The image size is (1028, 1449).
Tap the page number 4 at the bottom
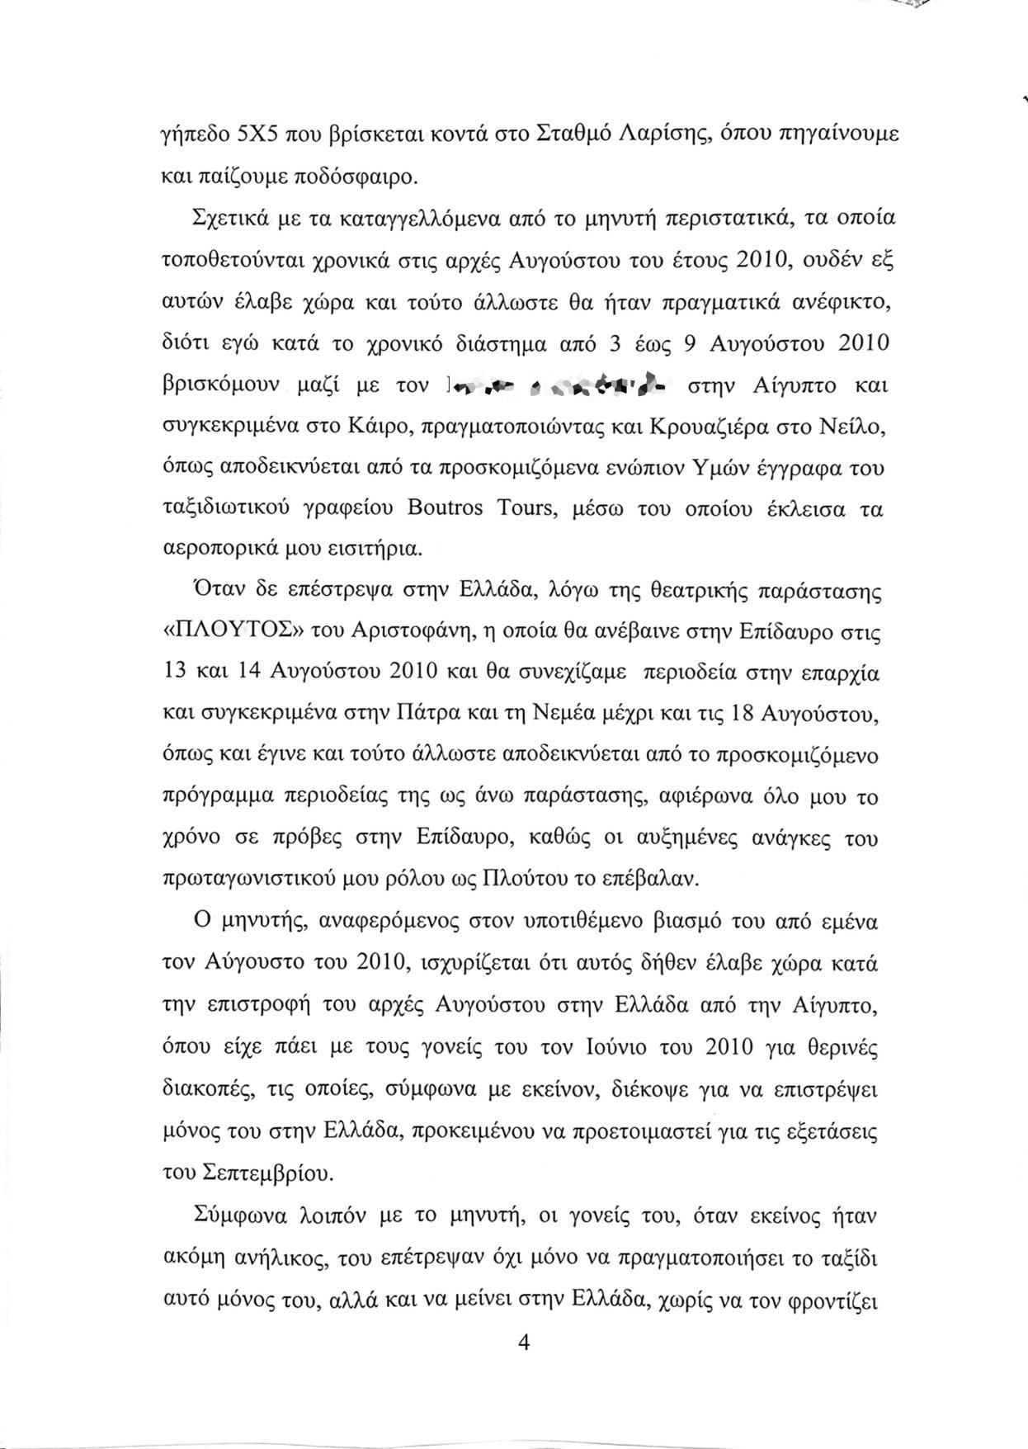[x=521, y=1343]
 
